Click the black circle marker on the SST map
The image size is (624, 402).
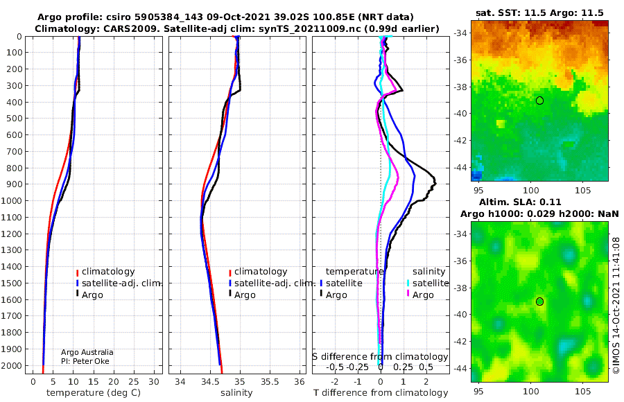[539, 101]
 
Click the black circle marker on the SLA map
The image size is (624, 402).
[539, 301]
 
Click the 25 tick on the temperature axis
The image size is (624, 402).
[134, 382]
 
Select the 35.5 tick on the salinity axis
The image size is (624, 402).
[270, 382]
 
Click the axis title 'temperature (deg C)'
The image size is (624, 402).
[94, 393]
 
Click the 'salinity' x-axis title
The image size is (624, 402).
[237, 393]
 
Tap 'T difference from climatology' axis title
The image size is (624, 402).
[381, 393]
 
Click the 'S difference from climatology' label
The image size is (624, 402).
[380, 357]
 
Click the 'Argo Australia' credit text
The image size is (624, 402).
[87, 352]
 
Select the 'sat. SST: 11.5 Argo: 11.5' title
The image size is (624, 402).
[539, 12]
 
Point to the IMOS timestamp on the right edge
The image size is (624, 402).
[616, 305]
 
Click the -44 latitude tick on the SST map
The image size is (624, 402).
[460, 168]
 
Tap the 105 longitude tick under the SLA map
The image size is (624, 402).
[583, 391]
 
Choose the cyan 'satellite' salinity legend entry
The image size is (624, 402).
[427, 283]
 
